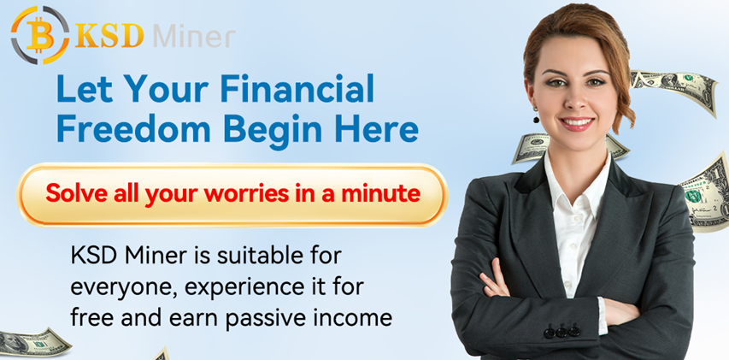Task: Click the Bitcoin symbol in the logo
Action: click(x=40, y=35)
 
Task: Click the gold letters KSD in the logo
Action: click(x=109, y=35)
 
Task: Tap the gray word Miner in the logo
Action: click(x=194, y=36)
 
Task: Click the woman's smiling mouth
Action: click(x=577, y=123)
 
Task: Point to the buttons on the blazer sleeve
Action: click(x=561, y=332)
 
